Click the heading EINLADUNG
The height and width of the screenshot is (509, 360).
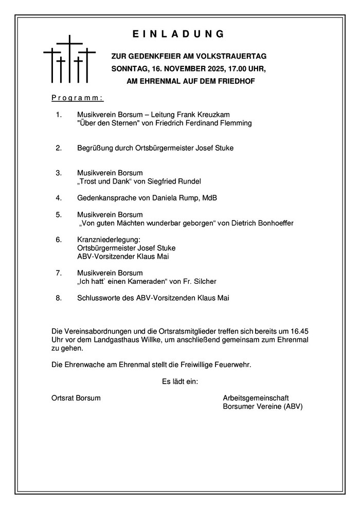point(179,34)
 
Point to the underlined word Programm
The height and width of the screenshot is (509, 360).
point(78,98)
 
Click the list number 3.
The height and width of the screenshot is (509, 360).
point(59,173)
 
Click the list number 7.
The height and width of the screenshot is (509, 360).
point(59,272)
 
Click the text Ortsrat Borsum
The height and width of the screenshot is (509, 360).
point(76,398)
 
